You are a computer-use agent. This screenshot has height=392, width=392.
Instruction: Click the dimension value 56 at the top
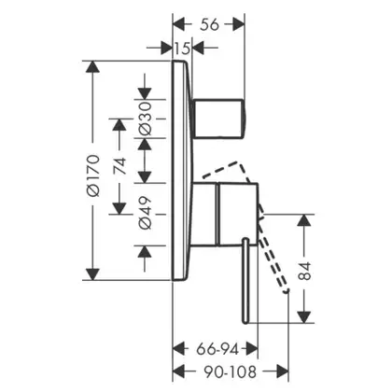click(x=209, y=24)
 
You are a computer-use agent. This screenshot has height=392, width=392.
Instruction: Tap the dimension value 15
click(x=182, y=49)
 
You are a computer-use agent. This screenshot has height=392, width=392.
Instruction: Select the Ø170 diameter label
click(x=93, y=175)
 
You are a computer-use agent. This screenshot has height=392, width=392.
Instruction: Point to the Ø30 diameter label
click(x=145, y=119)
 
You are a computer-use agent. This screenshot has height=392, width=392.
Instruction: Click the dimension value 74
click(x=120, y=166)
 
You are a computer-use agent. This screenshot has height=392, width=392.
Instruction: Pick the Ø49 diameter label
click(x=145, y=213)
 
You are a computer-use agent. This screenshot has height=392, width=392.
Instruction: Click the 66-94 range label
click(x=217, y=349)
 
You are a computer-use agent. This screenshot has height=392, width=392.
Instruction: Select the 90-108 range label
click(x=231, y=371)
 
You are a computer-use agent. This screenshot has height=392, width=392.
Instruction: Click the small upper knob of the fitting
click(x=218, y=119)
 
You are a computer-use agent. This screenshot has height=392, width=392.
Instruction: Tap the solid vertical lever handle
click(x=245, y=281)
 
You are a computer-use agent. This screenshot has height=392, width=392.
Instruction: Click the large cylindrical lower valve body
click(x=225, y=214)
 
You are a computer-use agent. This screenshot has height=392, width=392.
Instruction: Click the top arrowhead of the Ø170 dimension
click(x=92, y=67)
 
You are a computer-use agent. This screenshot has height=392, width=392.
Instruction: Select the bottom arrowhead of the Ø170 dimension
click(x=92, y=274)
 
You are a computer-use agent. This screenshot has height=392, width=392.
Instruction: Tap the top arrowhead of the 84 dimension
click(x=304, y=220)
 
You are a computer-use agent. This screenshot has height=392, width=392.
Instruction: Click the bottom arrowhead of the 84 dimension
click(x=304, y=316)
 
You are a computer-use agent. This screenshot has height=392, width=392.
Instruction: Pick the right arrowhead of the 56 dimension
click(x=239, y=24)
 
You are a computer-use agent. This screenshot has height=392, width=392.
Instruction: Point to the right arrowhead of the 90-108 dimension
click(x=283, y=371)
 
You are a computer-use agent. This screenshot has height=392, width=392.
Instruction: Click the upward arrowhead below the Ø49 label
click(x=145, y=251)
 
